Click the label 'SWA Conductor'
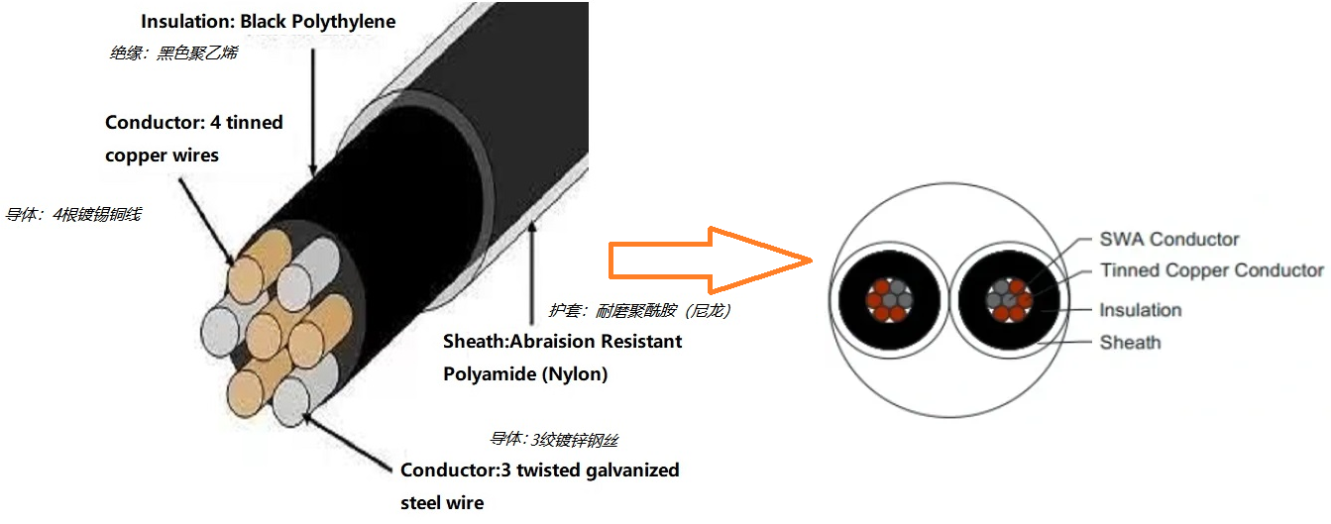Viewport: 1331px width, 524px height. [x=1168, y=239]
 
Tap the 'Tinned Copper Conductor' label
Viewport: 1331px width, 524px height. [x=1211, y=270]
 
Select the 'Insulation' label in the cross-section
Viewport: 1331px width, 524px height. [x=1140, y=310]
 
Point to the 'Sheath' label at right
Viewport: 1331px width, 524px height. [x=1130, y=343]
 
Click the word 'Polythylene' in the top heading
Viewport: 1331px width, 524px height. [x=343, y=22]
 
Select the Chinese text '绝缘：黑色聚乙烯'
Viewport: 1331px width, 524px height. [x=172, y=53]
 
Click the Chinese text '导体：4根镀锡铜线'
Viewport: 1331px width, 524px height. [x=73, y=214]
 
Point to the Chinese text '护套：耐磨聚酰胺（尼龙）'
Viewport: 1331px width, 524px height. [x=639, y=311]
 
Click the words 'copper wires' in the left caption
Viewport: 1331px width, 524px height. [x=162, y=156]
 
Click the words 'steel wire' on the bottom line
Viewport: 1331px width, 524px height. [x=442, y=502]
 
